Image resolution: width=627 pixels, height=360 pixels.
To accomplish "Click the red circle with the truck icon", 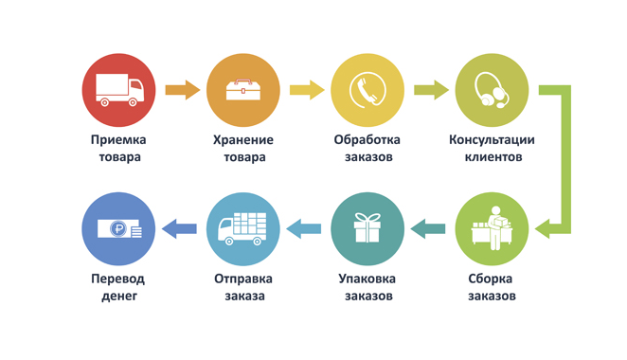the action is point(118,90).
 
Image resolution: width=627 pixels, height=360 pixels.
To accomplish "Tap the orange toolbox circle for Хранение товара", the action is point(243,90).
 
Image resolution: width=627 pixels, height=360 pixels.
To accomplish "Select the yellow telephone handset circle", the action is point(367,90).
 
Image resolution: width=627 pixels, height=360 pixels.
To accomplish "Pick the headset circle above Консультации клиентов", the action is point(492,90).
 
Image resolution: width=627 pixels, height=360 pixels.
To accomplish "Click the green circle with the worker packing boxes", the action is point(492,229).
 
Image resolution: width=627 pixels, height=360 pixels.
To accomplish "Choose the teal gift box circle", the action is point(367,229).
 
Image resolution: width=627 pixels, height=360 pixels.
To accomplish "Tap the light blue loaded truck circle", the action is point(243,229).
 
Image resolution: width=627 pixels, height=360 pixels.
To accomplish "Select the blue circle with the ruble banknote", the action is point(118,229).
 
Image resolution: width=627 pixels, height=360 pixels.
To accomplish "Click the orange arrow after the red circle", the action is point(183,90).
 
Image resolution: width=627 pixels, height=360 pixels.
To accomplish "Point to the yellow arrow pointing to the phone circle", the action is point(307,90).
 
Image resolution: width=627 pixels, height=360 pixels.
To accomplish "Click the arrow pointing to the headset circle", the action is point(432,90).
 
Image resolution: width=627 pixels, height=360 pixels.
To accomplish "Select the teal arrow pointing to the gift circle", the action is point(428,229).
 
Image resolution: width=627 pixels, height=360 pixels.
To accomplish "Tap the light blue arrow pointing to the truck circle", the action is point(303,229).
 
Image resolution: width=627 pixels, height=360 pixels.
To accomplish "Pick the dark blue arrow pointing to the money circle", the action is point(179,229).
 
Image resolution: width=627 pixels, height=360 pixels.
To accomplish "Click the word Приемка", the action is point(118,140).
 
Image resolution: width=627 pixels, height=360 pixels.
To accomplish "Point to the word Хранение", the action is point(243,140).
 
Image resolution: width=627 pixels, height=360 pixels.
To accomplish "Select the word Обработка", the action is point(367,139).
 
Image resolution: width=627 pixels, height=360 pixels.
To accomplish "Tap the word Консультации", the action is point(492,140).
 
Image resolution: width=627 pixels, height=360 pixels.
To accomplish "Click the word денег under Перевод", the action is point(119,297).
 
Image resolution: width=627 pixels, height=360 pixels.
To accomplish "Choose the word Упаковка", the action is point(367,279).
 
